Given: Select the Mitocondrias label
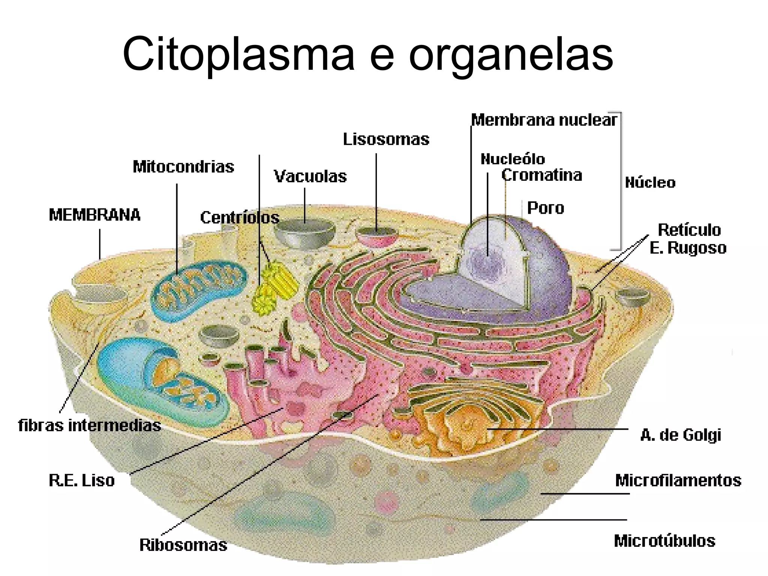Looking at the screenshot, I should pos(183,167).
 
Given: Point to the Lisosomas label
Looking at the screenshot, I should pos(386,139).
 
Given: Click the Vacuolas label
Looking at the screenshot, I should pos(310,177).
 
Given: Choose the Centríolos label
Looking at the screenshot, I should pos(240,218).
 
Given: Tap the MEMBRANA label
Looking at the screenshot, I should pos(94,215).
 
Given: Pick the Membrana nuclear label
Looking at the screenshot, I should pos(544,120).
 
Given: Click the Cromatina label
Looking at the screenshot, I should pos(541,175).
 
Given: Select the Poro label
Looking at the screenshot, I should pos(545,208).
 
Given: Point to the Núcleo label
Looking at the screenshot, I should pos(650,183).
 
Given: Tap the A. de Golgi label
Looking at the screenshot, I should pos(681,435).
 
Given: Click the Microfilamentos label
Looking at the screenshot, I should pos(678,480).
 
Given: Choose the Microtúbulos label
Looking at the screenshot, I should pos(664,541).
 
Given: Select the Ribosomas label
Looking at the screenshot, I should pos(183,545).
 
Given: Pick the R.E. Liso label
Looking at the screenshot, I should pos(82,480).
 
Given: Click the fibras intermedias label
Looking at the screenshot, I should pos(89,426).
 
